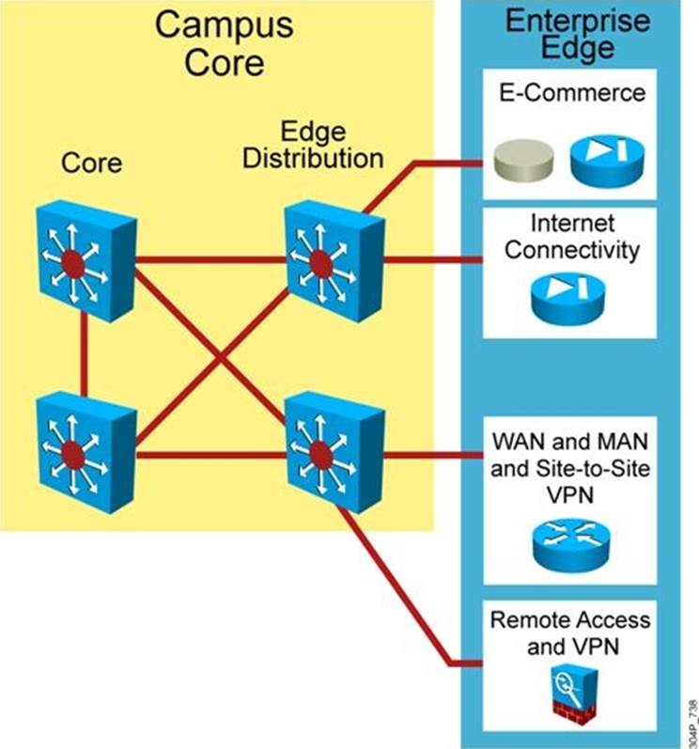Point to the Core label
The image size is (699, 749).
coord(91,162)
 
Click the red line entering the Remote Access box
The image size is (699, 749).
coord(460,663)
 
